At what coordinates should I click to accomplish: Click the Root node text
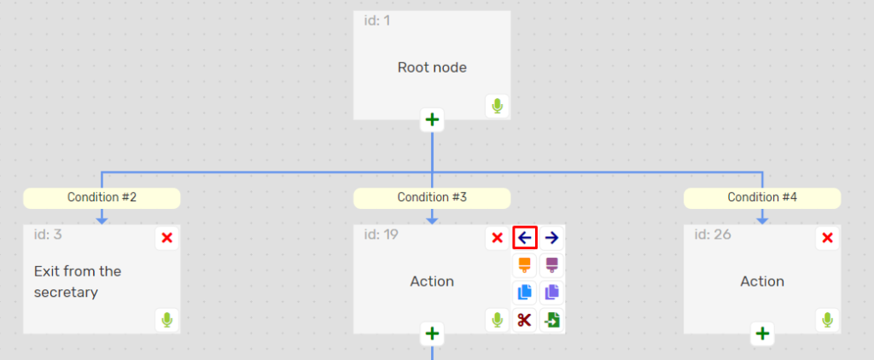point(432,67)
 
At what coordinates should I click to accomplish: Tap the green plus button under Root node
point(433,120)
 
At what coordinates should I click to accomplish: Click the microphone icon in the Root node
point(497,107)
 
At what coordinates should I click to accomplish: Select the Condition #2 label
point(102,198)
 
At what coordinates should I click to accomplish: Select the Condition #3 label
point(432,198)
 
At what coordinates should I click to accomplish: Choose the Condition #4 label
point(762,198)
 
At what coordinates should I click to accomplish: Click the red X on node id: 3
point(167,238)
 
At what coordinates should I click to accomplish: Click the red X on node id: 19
point(497,238)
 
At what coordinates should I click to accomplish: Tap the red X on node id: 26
point(827,238)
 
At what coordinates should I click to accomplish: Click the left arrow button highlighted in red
point(525,238)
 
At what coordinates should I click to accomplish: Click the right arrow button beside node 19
point(551,238)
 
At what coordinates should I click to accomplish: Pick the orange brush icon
point(525,264)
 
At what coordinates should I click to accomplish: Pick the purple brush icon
point(551,264)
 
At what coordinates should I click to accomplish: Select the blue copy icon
point(525,293)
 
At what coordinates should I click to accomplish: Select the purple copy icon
point(551,293)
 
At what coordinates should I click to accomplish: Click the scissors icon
point(525,321)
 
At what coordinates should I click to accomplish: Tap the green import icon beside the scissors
point(551,321)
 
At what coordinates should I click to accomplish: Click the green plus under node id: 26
point(762,334)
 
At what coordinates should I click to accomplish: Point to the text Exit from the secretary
point(78,282)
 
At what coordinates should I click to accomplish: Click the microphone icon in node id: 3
point(167,321)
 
